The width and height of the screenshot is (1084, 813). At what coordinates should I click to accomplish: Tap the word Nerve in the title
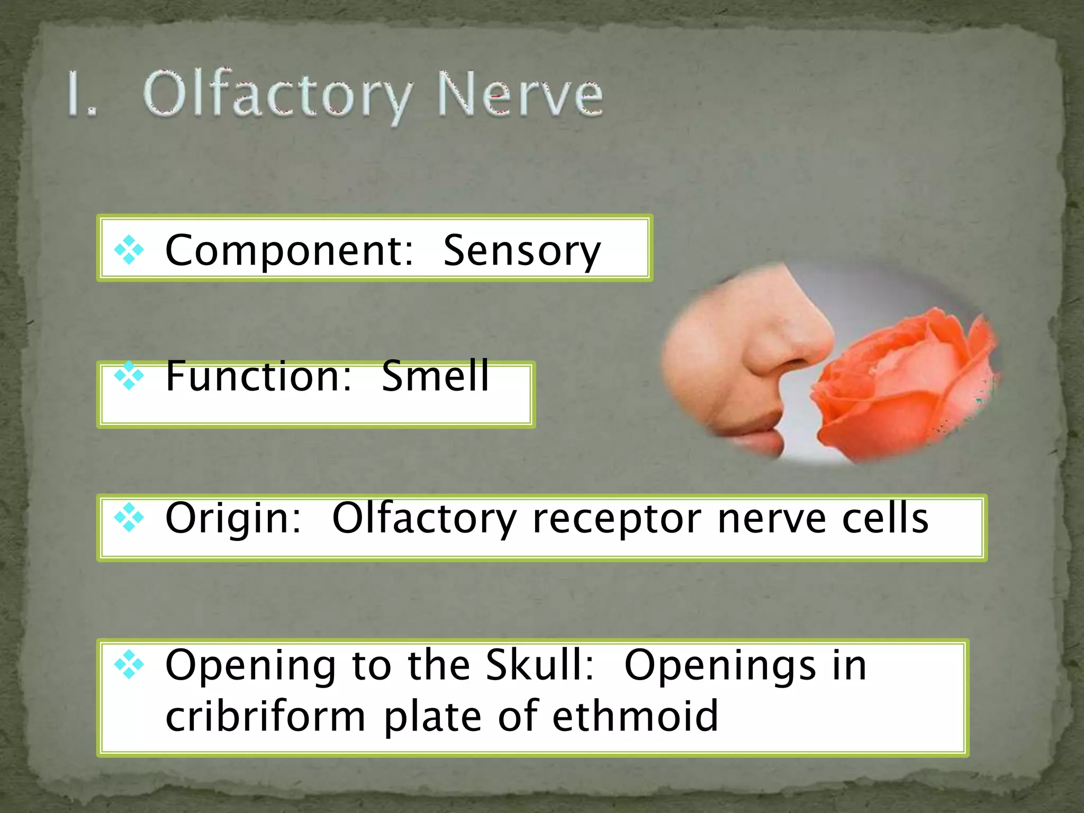(520, 95)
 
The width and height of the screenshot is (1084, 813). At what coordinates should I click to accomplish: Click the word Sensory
(522, 251)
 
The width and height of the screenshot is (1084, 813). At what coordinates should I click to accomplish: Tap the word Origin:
(233, 519)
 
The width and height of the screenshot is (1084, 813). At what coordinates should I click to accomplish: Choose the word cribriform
(265, 717)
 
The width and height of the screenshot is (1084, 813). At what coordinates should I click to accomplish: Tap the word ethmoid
(636, 716)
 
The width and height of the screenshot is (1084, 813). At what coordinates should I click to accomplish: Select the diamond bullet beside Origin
(129, 518)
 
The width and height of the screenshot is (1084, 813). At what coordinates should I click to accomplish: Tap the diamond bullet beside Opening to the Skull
(129, 665)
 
